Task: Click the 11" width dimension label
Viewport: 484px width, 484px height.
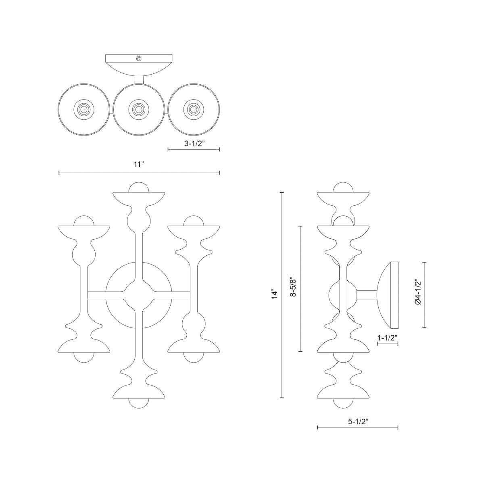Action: click(x=139, y=165)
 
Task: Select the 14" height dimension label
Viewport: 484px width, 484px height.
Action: click(x=275, y=294)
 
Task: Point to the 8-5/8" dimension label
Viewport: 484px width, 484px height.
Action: click(x=294, y=287)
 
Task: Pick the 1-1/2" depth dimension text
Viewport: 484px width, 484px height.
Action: click(x=388, y=337)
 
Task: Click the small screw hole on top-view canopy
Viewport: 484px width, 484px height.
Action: click(x=139, y=58)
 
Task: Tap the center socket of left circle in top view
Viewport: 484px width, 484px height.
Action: click(x=83, y=109)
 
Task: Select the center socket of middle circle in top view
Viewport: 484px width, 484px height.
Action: click(x=138, y=109)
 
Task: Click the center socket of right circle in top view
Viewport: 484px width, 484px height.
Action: click(x=193, y=109)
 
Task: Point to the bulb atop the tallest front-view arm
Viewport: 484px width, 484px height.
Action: click(x=138, y=188)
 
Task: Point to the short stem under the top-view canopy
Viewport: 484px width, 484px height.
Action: click(x=138, y=80)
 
